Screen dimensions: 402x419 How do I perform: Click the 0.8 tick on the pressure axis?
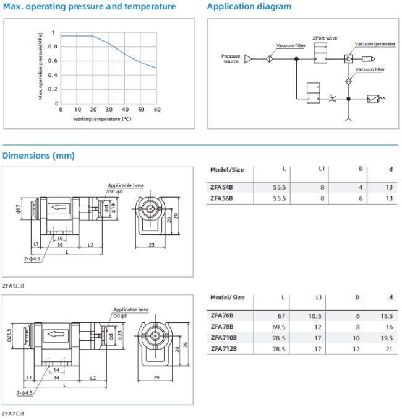pyautogui.click(x=53, y=46)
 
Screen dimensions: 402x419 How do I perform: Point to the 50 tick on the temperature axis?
pyautogui.click(x=141, y=109)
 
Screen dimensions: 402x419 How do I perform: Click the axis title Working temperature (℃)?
pyautogui.click(x=102, y=119)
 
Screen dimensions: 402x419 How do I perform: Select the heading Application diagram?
pyautogui.click(x=249, y=6)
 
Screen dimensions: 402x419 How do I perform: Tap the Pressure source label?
pyautogui.click(x=231, y=58)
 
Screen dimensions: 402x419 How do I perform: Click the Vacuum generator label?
pyautogui.click(x=375, y=44)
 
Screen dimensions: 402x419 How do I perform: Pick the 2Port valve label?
pyautogui.click(x=325, y=38)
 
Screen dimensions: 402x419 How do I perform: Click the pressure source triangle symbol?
pyautogui.click(x=248, y=59)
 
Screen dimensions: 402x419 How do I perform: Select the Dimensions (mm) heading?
pyautogui.click(x=38, y=156)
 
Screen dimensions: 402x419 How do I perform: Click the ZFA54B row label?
pyautogui.click(x=221, y=187)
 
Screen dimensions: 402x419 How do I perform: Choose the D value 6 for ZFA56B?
pyautogui.click(x=361, y=198)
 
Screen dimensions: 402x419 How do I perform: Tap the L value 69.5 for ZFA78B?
pyautogui.click(x=278, y=327)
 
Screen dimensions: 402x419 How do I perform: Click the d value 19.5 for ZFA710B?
pyautogui.click(x=387, y=338)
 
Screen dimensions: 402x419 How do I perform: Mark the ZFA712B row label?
pyautogui.click(x=224, y=349)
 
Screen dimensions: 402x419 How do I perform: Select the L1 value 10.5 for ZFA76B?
pyautogui.click(x=315, y=316)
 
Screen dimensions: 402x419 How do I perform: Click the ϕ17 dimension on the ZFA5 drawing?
pyautogui.click(x=18, y=209)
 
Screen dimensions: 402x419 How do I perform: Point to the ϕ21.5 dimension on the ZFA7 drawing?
pyautogui.click(x=9, y=335)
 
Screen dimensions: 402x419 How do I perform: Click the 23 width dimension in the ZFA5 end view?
pyautogui.click(x=152, y=244)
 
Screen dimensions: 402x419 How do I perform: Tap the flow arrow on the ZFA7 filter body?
pyautogui.click(x=56, y=334)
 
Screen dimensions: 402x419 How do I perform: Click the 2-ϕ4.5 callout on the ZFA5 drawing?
pyautogui.click(x=32, y=258)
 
